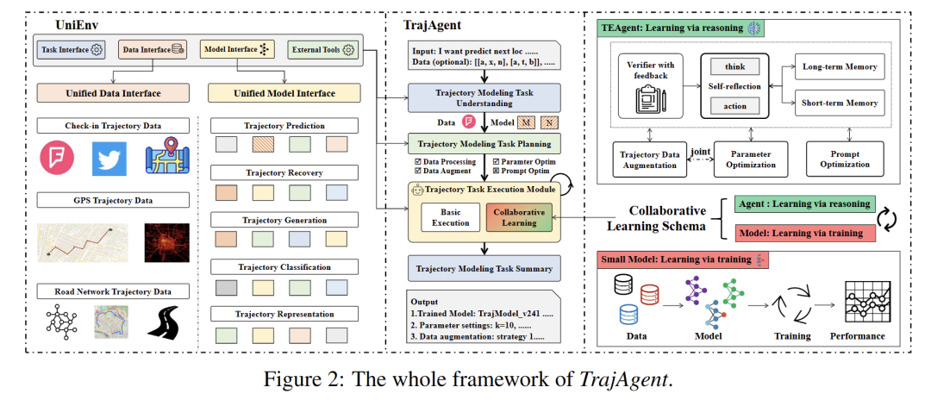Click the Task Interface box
point(72,50)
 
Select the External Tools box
point(321,50)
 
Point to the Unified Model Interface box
point(272,92)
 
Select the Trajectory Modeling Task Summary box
point(484,269)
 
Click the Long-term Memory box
point(839,67)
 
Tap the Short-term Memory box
point(839,103)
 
